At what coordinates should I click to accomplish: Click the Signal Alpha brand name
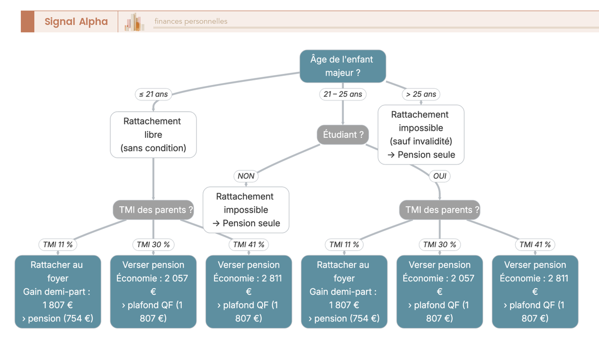76,21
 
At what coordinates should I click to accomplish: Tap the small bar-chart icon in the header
134,21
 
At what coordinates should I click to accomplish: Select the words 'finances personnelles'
191,21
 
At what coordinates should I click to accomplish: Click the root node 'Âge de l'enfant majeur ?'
343,66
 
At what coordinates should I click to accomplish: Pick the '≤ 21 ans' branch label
153,94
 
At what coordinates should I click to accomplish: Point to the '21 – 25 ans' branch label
343,94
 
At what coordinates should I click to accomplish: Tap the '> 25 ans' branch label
421,94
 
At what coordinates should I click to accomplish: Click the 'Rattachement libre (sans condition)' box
153,134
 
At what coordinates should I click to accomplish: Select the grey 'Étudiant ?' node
343,134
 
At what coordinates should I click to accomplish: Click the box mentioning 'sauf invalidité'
421,134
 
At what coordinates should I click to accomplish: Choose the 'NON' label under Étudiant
246,176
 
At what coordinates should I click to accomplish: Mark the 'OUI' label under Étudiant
440,176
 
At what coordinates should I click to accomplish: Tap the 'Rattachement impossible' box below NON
246,210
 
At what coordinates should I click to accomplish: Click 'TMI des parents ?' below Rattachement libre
153,210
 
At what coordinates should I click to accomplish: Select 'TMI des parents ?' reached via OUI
440,210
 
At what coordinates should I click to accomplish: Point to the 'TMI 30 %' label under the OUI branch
440,245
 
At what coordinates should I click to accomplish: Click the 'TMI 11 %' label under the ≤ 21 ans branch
58,245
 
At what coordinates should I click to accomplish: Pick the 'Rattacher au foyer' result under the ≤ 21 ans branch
58,292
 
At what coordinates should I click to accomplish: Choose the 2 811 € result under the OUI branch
535,292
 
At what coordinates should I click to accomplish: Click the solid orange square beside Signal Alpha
27,21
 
